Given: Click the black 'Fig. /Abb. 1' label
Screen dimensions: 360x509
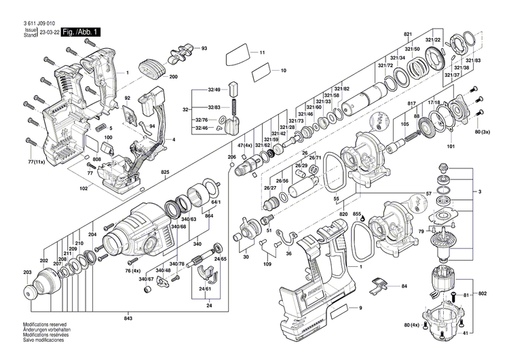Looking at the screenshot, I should pyautogui.click(x=82, y=32).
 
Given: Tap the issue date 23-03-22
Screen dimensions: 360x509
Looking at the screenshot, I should pyautogui.click(x=48, y=32).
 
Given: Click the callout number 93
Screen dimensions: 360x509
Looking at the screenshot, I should pyautogui.click(x=204, y=48).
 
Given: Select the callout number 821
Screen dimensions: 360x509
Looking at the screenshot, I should pyautogui.click(x=408, y=34).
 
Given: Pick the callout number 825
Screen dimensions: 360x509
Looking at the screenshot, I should pyautogui.click(x=165, y=173).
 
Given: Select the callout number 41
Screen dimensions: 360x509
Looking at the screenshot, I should pyautogui.click(x=485, y=334).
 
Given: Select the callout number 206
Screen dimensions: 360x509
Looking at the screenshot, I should pyautogui.click(x=231, y=157).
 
